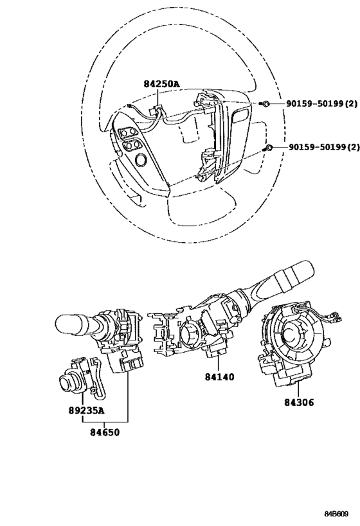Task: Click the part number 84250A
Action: point(161,84)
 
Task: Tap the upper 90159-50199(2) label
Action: point(321,104)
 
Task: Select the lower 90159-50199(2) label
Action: point(324,147)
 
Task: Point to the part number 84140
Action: point(220,377)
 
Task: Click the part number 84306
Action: point(299,402)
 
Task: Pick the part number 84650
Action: point(104,432)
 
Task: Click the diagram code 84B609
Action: point(336,514)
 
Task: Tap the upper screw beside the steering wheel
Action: point(265,104)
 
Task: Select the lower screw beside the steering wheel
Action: point(267,148)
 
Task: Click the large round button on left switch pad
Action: point(140,160)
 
